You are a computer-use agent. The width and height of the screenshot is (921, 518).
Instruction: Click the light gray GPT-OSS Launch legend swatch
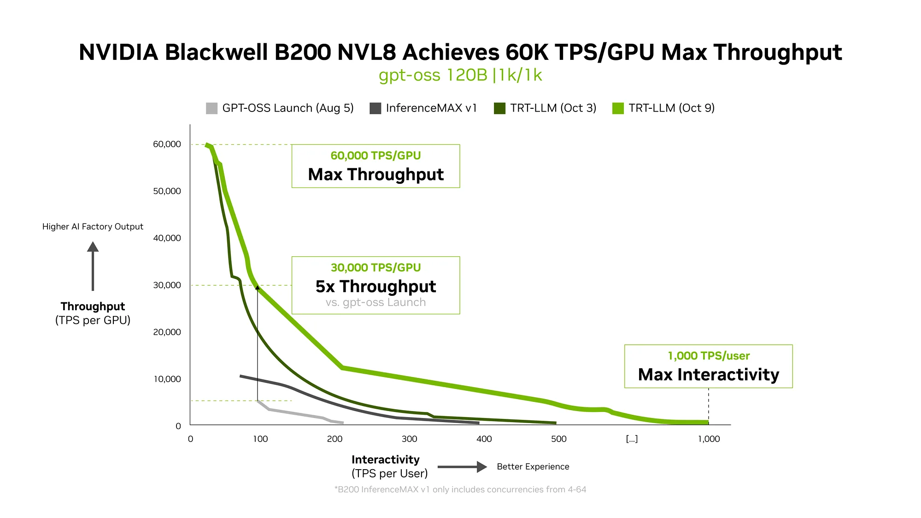(211, 108)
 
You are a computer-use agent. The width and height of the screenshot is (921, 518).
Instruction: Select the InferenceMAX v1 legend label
(431, 108)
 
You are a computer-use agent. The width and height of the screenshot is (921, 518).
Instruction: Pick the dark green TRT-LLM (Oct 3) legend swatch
(499, 108)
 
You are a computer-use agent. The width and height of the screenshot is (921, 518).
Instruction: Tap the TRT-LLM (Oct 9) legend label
(671, 108)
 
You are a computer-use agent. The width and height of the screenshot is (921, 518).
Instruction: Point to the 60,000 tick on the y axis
(167, 144)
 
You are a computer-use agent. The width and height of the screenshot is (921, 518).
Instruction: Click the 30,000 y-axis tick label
(167, 285)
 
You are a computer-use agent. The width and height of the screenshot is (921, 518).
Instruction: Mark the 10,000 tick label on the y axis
(167, 379)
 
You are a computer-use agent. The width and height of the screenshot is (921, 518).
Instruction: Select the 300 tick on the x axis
(409, 439)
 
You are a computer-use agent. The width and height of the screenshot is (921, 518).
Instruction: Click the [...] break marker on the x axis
(632, 439)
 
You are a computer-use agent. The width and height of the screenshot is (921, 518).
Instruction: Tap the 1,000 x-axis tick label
(709, 439)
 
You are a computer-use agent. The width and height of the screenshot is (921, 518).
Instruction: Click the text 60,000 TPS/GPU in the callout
(375, 156)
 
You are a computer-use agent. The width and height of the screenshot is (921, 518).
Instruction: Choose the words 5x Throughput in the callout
(375, 287)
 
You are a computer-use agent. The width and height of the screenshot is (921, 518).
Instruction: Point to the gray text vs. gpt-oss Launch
(375, 303)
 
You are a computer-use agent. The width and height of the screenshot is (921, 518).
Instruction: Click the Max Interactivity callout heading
(708, 375)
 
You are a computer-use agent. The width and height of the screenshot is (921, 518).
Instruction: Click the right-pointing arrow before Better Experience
(462, 467)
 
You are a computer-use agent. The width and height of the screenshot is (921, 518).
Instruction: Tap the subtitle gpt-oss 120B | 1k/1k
(460, 75)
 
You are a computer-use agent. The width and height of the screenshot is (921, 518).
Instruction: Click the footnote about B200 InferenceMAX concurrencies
(460, 489)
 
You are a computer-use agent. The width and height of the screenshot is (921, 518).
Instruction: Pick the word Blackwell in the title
(217, 52)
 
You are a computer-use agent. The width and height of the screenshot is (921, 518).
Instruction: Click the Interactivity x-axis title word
(385, 459)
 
